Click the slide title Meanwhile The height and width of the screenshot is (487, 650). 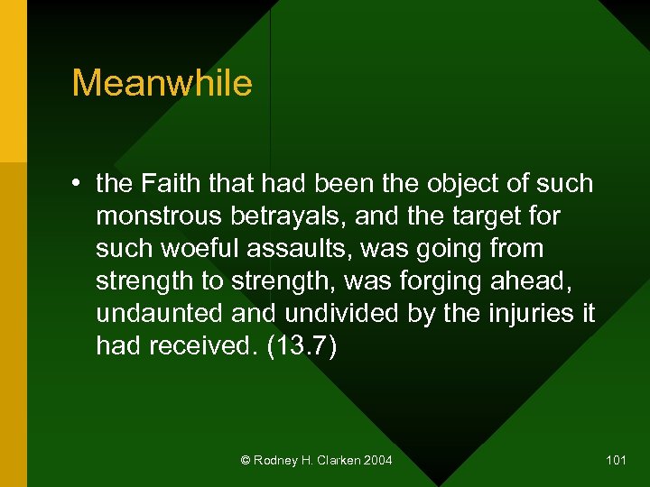click(x=162, y=83)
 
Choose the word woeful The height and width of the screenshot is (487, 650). click(x=185, y=248)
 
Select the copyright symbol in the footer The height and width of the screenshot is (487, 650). click(x=246, y=461)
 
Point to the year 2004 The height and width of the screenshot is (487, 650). click(x=377, y=461)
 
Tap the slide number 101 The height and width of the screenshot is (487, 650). click(x=616, y=461)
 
